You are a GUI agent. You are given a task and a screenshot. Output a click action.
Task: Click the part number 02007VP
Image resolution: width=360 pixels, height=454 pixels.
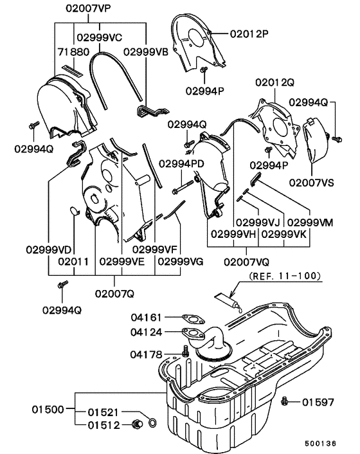coord(87,10)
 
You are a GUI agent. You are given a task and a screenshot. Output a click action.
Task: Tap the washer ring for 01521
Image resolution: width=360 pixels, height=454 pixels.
coord(152,422)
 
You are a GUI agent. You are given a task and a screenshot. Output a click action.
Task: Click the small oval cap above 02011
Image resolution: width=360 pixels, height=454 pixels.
coord(73,210)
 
